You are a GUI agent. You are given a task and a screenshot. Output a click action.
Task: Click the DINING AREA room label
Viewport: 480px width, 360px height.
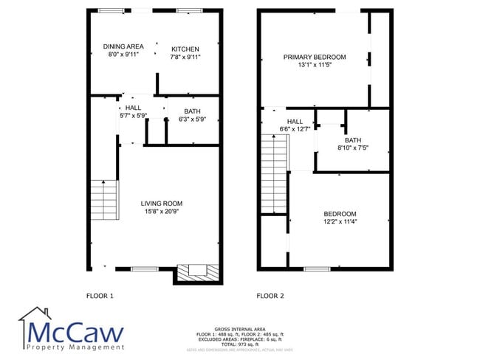pyautogui.click(x=123, y=46)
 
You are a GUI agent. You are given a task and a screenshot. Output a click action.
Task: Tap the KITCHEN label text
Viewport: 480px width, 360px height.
pyautogui.click(x=185, y=49)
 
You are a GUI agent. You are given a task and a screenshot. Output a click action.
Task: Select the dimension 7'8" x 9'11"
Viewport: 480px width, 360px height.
pyautogui.click(x=185, y=57)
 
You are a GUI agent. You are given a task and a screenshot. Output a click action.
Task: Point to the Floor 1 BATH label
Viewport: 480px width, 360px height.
pyautogui.click(x=192, y=111)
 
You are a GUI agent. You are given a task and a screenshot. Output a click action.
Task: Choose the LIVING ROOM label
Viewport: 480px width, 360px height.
pyautogui.click(x=162, y=204)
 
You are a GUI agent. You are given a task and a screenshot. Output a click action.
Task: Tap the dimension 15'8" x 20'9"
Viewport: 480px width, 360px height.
pyautogui.click(x=162, y=212)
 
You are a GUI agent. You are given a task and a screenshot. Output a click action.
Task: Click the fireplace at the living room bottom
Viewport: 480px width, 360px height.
pyautogui.click(x=197, y=271)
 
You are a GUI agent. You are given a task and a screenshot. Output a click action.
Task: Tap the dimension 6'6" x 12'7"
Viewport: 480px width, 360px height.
pyautogui.click(x=295, y=130)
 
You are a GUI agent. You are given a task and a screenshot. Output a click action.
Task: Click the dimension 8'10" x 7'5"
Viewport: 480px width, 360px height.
pyautogui.click(x=352, y=148)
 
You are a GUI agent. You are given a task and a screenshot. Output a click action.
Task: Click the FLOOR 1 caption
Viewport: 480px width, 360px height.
pyautogui.click(x=100, y=296)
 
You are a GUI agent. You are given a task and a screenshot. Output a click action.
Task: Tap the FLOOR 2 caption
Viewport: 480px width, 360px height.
pyautogui.click(x=270, y=296)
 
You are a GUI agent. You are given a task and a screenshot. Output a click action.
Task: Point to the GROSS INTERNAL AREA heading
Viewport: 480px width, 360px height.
pyautogui.click(x=240, y=329)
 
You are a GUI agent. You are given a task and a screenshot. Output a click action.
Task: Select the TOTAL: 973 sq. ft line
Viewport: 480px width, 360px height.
pyautogui.click(x=240, y=345)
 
